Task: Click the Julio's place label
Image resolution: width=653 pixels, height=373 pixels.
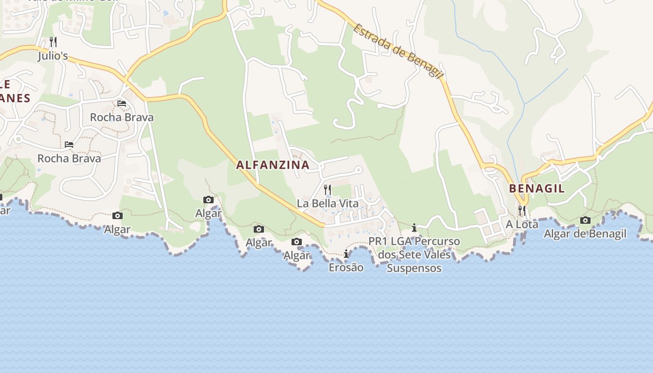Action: pyautogui.click(x=53, y=56)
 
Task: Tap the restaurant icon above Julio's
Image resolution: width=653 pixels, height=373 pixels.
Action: pyautogui.click(x=53, y=42)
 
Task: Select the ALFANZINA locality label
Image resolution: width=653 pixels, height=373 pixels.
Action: pyautogui.click(x=273, y=165)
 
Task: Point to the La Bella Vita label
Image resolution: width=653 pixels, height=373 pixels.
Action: pyautogui.click(x=327, y=204)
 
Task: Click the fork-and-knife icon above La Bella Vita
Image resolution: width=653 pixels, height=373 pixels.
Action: pyautogui.click(x=327, y=189)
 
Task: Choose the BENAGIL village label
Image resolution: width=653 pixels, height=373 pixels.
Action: pyautogui.click(x=536, y=189)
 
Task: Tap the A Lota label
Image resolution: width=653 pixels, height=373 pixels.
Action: pyautogui.click(x=522, y=224)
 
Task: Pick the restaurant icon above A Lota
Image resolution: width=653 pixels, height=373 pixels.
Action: pyautogui.click(x=522, y=210)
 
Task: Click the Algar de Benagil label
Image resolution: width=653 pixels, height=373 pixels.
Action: pyautogui.click(x=585, y=234)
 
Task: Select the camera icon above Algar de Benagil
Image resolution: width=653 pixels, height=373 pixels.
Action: pyautogui.click(x=585, y=220)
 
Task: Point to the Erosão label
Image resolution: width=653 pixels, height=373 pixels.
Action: pyautogui.click(x=346, y=268)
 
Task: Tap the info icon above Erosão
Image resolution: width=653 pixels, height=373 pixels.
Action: pyautogui.click(x=346, y=254)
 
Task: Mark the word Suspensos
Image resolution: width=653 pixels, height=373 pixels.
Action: pyautogui.click(x=414, y=269)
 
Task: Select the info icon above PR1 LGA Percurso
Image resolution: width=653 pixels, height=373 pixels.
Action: pyautogui.click(x=414, y=228)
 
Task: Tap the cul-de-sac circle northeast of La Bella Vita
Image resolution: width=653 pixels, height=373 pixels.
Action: pyautogui.click(x=359, y=170)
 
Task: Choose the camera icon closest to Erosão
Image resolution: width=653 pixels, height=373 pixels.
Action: pyautogui.click(x=296, y=242)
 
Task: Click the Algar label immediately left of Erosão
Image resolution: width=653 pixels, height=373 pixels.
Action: pyautogui.click(x=296, y=256)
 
